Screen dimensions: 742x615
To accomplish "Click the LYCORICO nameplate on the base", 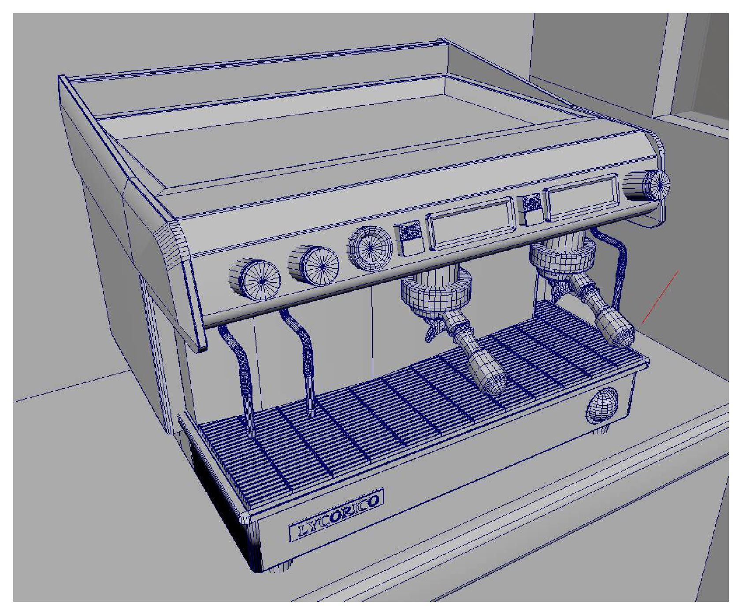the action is (336, 515).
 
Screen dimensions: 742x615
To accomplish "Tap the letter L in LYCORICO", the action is (303, 530).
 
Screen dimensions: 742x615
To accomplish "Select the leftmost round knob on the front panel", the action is (255, 278).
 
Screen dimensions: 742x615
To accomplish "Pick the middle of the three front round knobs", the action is (314, 266).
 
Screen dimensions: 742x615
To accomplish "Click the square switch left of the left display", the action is (409, 239).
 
